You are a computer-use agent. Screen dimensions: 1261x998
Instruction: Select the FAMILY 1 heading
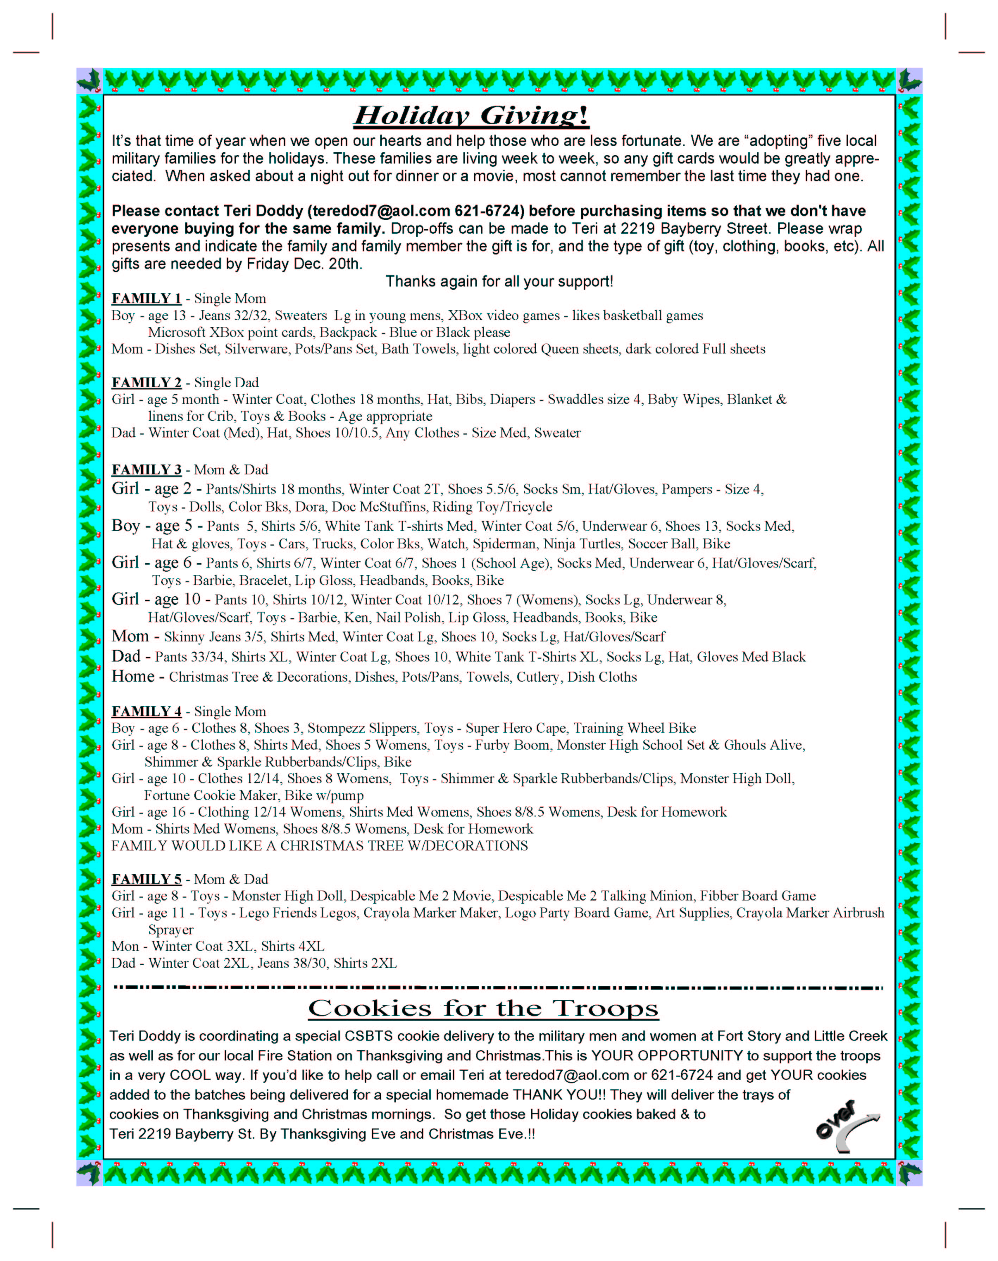point(146,299)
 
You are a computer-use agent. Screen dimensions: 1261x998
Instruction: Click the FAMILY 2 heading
point(146,383)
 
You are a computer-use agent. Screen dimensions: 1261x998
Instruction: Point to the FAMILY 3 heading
point(146,470)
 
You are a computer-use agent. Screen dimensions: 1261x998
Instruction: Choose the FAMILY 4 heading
point(146,712)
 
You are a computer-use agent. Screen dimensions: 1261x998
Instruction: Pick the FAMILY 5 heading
point(146,879)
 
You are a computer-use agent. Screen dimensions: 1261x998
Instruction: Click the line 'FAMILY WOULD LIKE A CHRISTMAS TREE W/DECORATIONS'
point(320,846)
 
